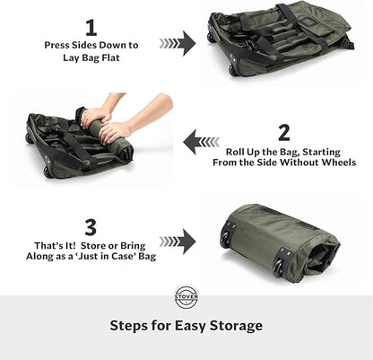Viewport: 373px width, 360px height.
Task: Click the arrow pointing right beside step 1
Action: pyautogui.click(x=178, y=42)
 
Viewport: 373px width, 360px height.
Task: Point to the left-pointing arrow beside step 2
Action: pyautogui.click(x=200, y=141)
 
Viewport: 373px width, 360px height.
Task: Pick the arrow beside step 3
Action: pyautogui.click(x=178, y=241)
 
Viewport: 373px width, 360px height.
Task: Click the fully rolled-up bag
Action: pyautogui.click(x=280, y=241)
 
